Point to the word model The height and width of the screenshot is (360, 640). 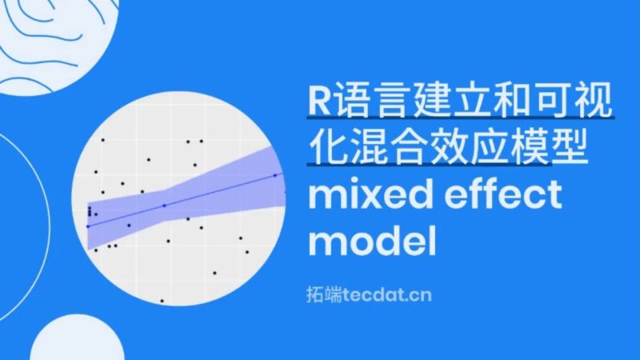click(373, 241)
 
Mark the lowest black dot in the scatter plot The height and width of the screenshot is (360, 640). click(162, 301)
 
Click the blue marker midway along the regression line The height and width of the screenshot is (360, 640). click(164, 206)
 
